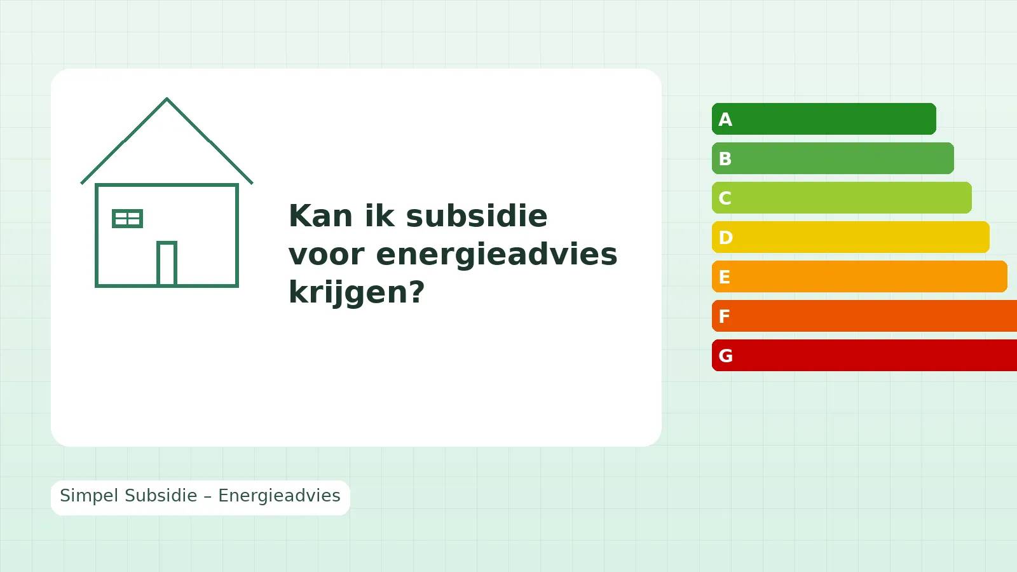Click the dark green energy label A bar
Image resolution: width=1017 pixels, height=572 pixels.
(824, 119)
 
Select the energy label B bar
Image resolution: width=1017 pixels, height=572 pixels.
(833, 158)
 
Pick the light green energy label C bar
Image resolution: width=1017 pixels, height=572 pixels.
(842, 198)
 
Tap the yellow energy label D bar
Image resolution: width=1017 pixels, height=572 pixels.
(850, 237)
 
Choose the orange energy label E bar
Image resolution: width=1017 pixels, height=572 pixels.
(859, 276)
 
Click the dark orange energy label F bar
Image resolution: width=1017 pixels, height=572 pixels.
(864, 316)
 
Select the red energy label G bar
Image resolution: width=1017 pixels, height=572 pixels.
(864, 355)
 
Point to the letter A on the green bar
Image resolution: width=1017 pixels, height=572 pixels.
(725, 119)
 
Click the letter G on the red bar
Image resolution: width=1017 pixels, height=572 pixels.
(725, 356)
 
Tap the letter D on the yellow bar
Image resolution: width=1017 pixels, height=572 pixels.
(725, 238)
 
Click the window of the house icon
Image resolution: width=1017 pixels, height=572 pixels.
(127, 219)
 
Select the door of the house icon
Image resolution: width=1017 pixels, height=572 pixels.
(167, 263)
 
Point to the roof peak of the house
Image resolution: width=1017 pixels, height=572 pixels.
(167, 100)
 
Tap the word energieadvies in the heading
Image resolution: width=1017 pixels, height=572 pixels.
(496, 254)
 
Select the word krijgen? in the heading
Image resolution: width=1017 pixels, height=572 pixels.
(356, 292)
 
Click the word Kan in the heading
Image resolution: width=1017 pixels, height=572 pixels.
(320, 216)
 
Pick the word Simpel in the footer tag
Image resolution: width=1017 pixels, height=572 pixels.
(89, 496)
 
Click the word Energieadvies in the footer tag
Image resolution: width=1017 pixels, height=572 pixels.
(279, 496)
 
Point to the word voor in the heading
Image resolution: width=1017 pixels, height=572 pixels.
(326, 254)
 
